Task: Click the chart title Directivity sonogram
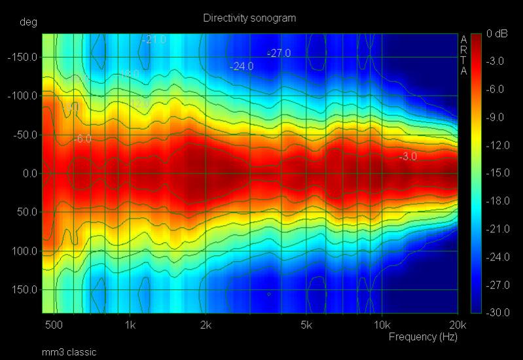(x=249, y=18)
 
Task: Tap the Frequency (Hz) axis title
(x=423, y=337)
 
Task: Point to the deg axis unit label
(x=28, y=22)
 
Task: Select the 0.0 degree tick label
(x=29, y=173)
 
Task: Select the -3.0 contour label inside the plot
(x=407, y=156)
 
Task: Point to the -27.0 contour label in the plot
(x=279, y=53)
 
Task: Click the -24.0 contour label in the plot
(x=242, y=66)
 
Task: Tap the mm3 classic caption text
(x=69, y=352)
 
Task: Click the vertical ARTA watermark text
(x=463, y=55)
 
